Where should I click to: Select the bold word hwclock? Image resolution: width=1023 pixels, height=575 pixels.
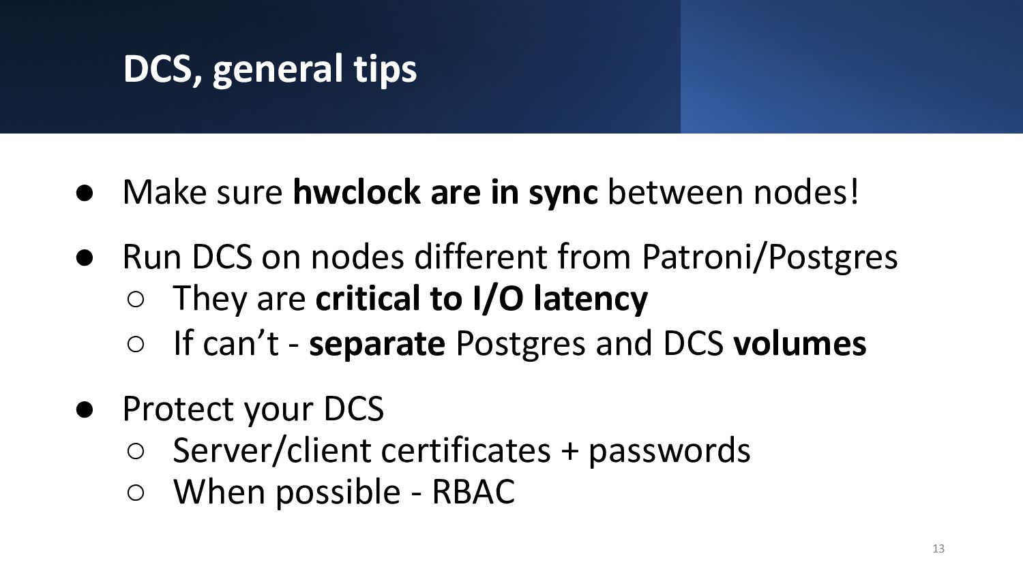(x=356, y=191)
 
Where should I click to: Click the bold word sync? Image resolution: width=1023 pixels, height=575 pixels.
(x=563, y=193)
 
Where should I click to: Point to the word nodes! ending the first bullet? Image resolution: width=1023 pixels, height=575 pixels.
(x=806, y=191)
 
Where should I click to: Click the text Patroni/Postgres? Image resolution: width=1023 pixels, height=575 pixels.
(x=769, y=258)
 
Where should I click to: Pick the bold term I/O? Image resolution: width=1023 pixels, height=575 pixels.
(x=497, y=298)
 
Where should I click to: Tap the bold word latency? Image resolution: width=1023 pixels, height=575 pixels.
(x=591, y=300)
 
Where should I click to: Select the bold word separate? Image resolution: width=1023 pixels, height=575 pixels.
(x=376, y=343)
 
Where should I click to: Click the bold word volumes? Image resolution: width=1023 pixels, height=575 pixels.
(x=800, y=343)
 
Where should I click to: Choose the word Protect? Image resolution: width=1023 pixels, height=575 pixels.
(x=179, y=409)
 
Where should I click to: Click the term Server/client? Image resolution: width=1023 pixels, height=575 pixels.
(x=271, y=450)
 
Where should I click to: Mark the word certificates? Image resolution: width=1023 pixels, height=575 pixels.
(x=466, y=450)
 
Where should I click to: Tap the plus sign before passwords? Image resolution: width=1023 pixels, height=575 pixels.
(x=569, y=452)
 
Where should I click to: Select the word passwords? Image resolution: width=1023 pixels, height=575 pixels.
(x=670, y=452)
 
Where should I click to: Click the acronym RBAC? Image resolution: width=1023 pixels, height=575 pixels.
(x=473, y=492)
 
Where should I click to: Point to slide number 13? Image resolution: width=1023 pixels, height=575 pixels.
(x=938, y=548)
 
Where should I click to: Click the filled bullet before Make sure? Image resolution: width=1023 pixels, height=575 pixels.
(x=85, y=193)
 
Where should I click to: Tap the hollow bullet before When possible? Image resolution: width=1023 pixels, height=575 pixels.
(x=136, y=493)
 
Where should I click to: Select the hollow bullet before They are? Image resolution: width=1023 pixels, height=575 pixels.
(x=136, y=300)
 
